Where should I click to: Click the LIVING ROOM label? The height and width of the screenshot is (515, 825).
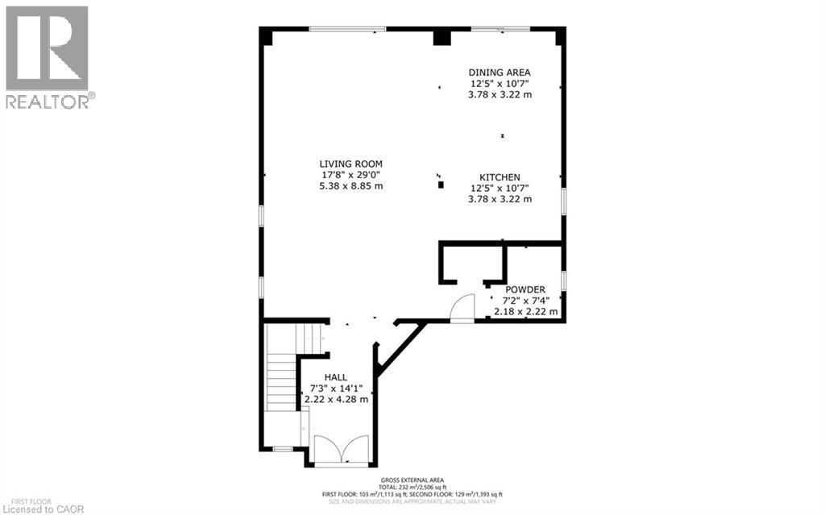[350, 164]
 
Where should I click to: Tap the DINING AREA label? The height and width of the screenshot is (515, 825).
[500, 72]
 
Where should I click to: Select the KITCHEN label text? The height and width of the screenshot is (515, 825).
[500, 177]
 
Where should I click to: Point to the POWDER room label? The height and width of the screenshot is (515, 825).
[525, 289]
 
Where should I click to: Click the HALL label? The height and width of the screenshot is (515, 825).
[336, 377]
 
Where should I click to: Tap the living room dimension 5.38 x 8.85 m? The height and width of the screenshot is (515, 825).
[350, 186]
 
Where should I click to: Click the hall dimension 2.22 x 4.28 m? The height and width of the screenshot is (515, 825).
[336, 399]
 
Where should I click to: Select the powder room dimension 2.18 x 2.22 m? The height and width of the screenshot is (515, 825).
[525, 312]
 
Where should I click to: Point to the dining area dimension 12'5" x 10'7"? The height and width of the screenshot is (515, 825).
[500, 83]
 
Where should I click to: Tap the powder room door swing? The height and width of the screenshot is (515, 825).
[462, 309]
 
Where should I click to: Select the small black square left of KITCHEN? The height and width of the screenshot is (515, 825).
[441, 185]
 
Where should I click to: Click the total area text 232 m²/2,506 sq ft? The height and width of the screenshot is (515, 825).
[412, 487]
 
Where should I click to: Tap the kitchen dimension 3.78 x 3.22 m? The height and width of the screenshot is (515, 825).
[500, 200]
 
